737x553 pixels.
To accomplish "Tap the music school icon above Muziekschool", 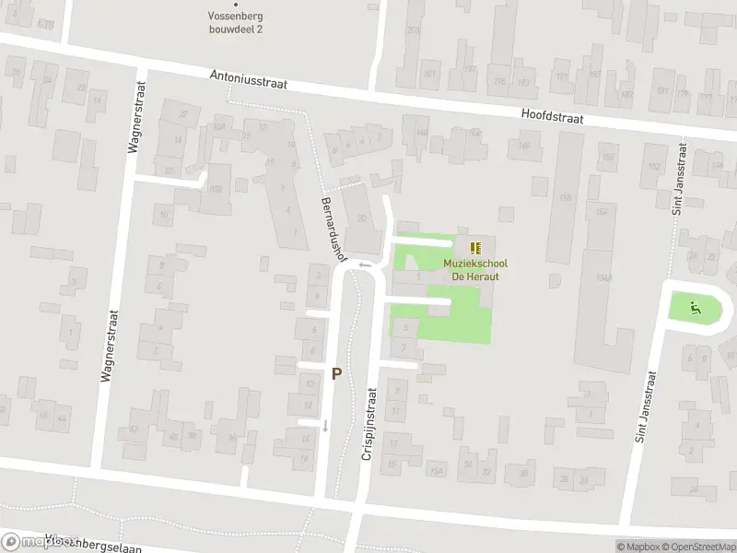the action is (475, 248).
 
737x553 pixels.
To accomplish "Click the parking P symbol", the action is (337, 374).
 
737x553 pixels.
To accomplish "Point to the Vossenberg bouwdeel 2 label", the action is (236, 22).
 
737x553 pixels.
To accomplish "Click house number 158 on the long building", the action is (565, 197).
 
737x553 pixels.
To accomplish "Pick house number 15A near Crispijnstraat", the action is (437, 472).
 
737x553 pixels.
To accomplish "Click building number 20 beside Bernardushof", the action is (362, 218).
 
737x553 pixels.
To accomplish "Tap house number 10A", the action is (218, 128).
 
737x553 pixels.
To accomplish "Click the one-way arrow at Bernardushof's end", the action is (365, 265).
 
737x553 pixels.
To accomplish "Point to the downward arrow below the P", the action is (324, 425).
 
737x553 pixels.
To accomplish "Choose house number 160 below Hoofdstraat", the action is (524, 145).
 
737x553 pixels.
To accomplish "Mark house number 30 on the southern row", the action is (523, 473).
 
